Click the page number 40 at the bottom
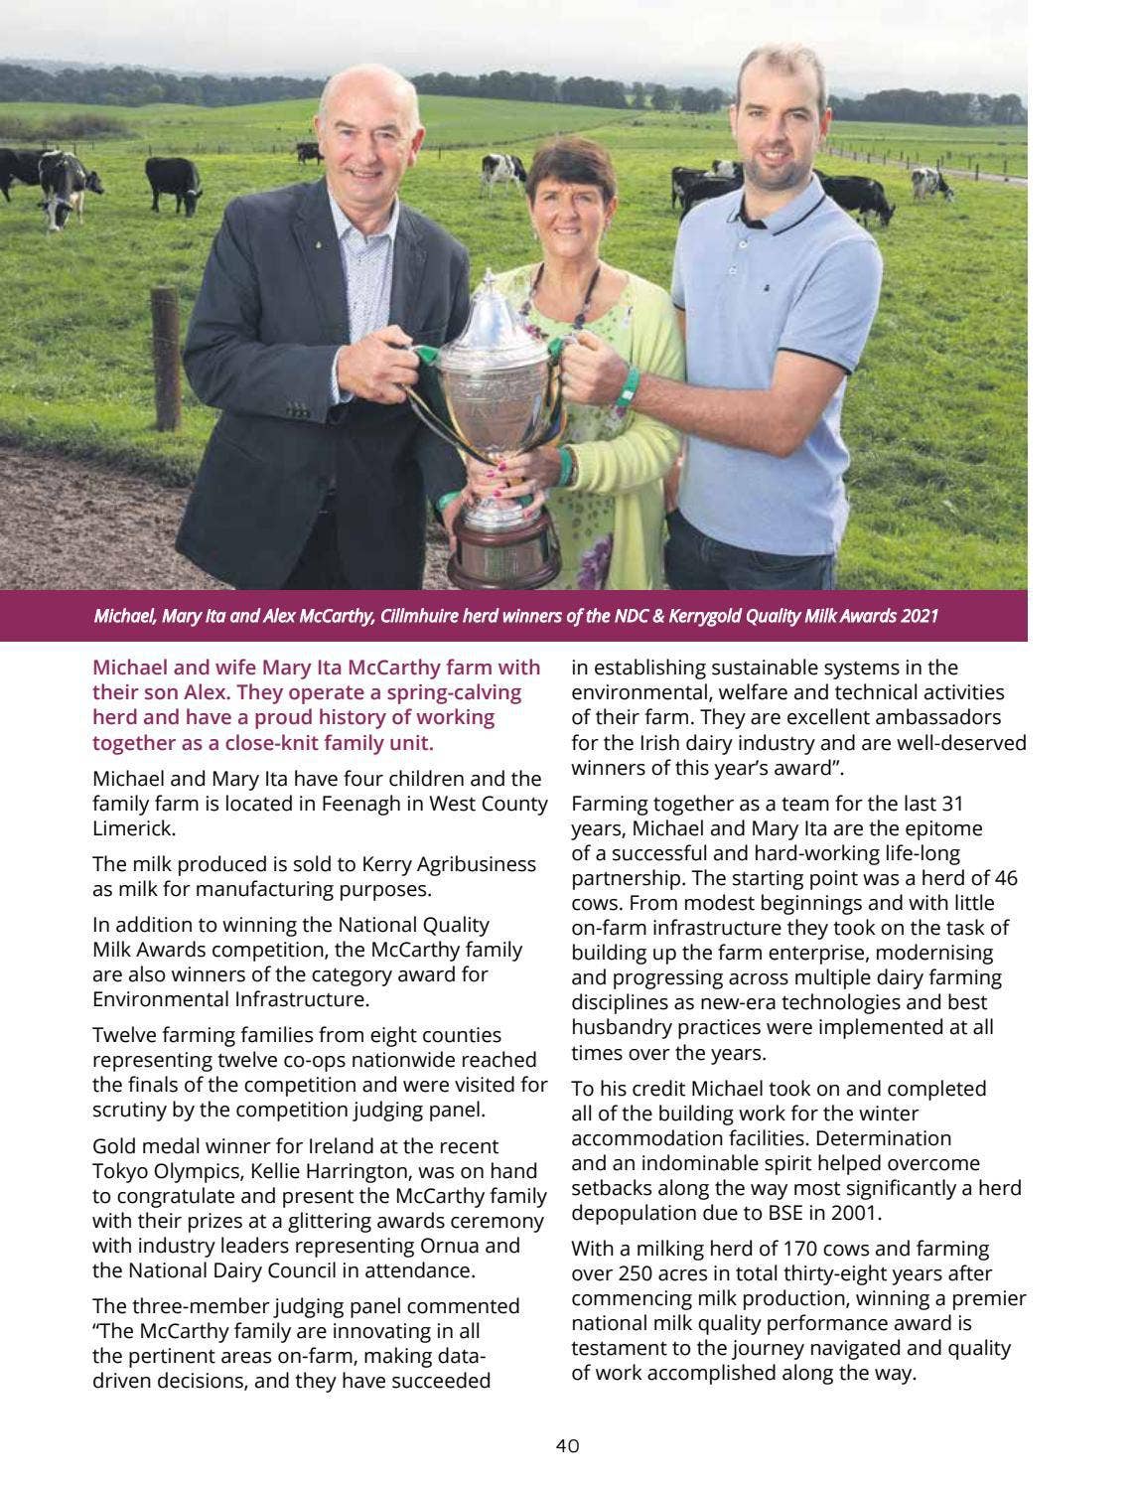point(567,1445)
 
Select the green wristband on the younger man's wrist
point(627,386)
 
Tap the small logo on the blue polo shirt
point(768,288)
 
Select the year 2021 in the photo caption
point(919,617)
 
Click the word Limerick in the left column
point(133,828)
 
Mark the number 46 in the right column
point(1004,878)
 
